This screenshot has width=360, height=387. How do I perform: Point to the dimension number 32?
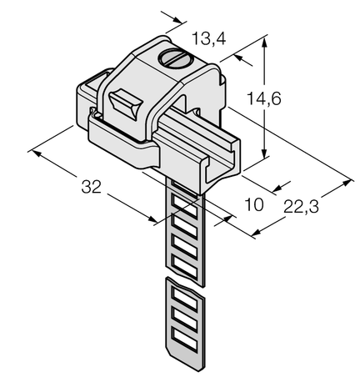92,188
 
